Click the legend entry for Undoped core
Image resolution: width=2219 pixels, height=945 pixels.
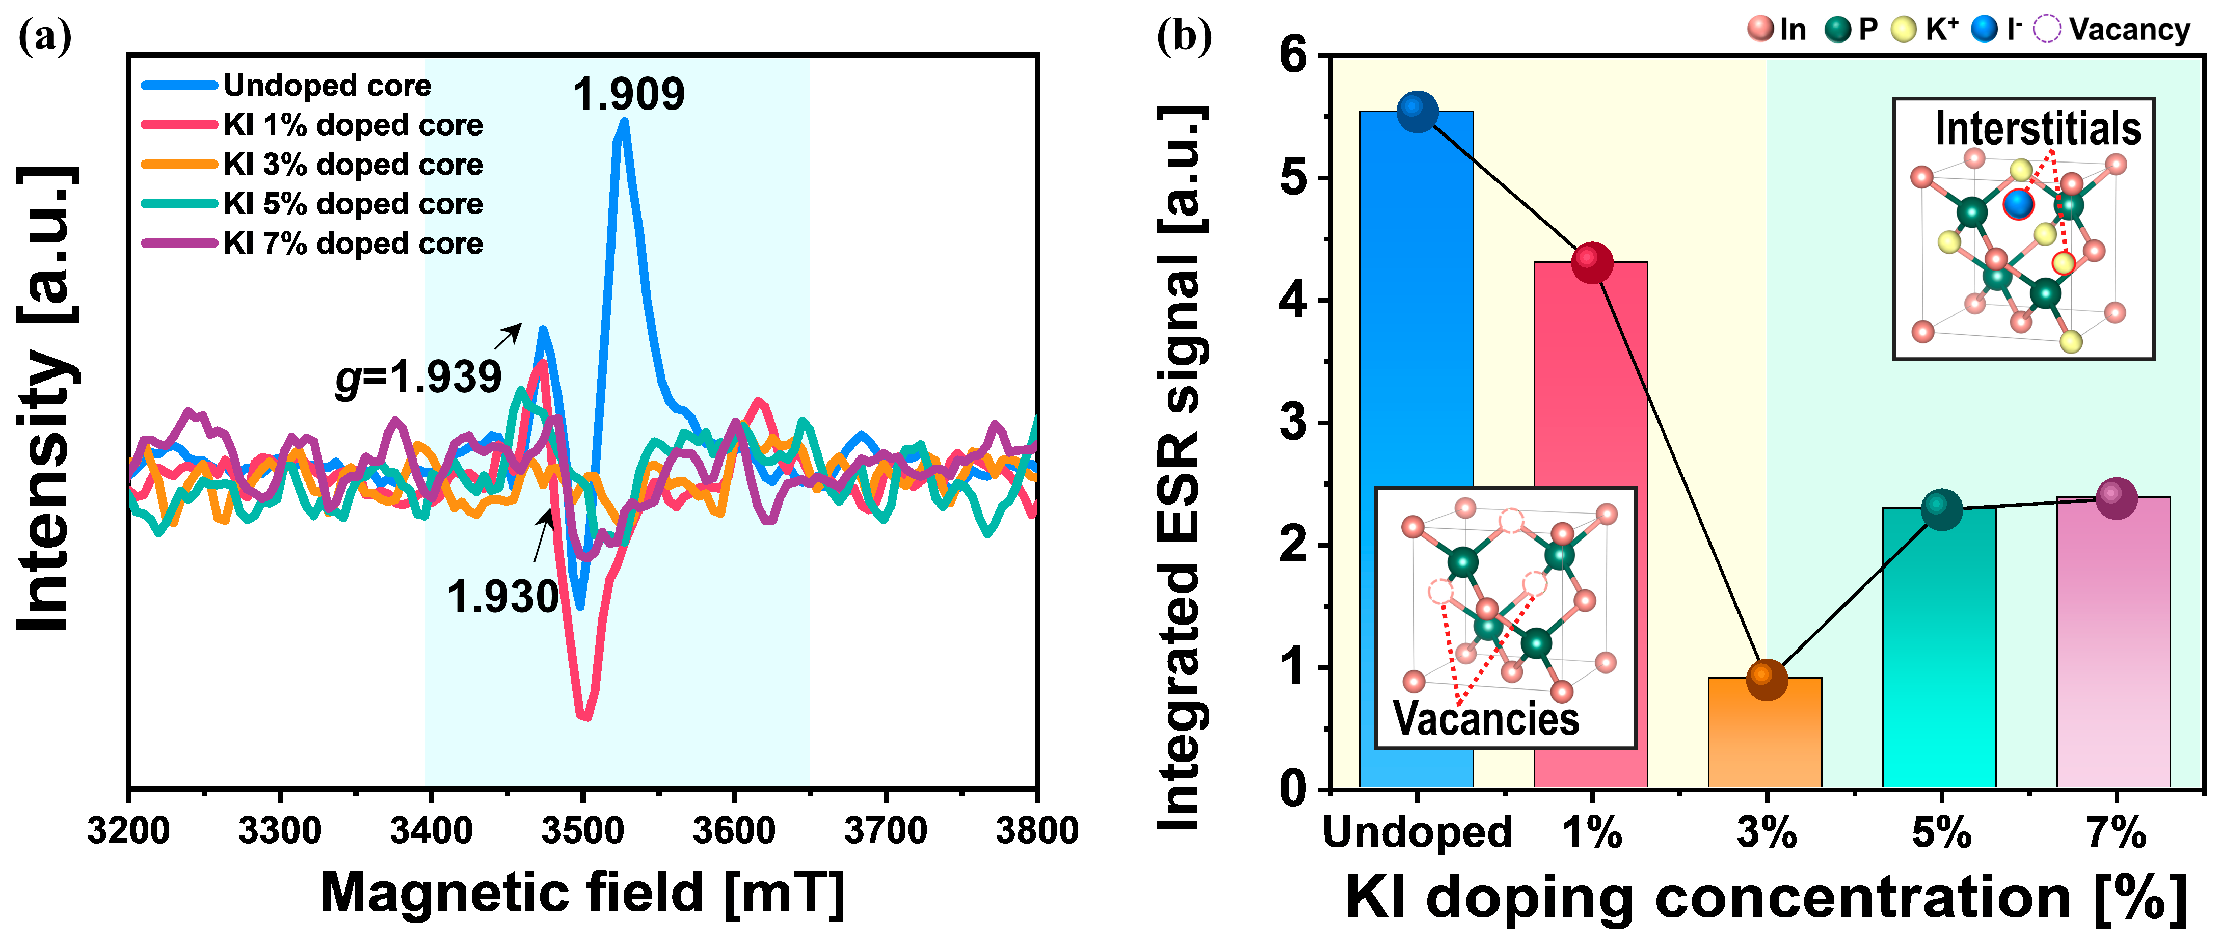click(x=327, y=85)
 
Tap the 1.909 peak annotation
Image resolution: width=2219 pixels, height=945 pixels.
click(x=628, y=94)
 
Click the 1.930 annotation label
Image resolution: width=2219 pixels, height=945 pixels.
click(x=503, y=596)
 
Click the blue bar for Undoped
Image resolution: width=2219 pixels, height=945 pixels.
click(x=1416, y=448)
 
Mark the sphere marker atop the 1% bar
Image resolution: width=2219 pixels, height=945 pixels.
click(x=1592, y=262)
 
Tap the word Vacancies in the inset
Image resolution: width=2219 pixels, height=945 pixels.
click(x=1486, y=718)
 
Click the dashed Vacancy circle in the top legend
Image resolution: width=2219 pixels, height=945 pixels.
click(x=2047, y=29)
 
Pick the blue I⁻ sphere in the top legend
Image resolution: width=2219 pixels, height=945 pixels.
click(x=1984, y=29)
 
